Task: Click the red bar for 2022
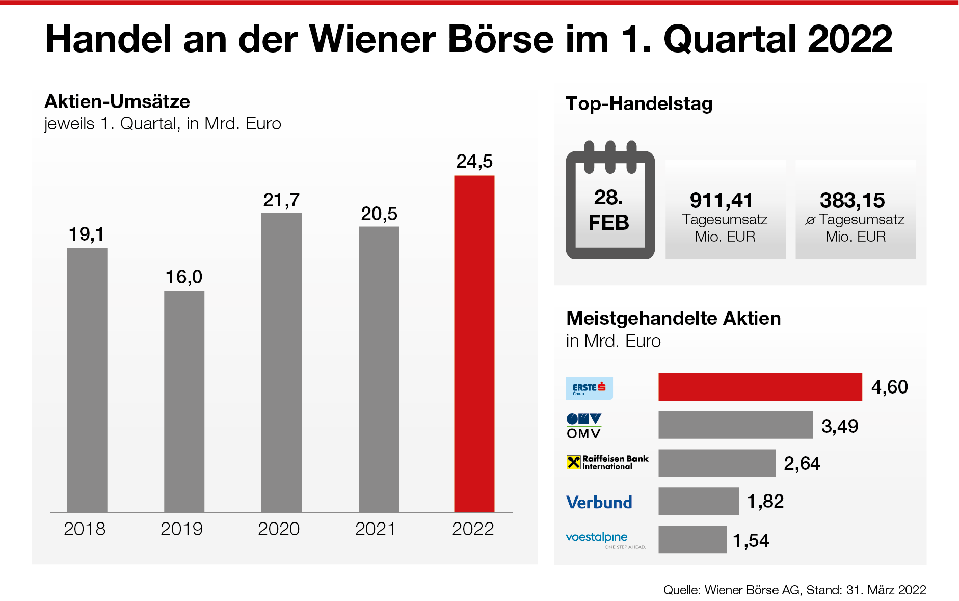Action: [x=474, y=344]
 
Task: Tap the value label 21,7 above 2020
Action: [x=281, y=200]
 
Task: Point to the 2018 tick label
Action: [x=85, y=529]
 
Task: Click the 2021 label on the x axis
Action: [x=376, y=529]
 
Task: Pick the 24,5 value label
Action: [x=474, y=162]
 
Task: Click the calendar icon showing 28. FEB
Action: [x=610, y=201]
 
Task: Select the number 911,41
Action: [x=722, y=200]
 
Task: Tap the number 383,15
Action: [x=852, y=200]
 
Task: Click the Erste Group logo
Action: [x=589, y=388]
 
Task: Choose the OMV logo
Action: [x=584, y=426]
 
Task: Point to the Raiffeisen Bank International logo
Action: [x=607, y=462]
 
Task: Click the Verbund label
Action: [x=599, y=502]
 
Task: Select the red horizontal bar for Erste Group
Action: [x=760, y=387]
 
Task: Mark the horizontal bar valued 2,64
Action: [x=716, y=463]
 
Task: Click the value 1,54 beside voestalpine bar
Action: [x=751, y=540]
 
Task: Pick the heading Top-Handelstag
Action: [x=639, y=103]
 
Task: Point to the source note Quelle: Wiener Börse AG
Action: [x=794, y=590]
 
